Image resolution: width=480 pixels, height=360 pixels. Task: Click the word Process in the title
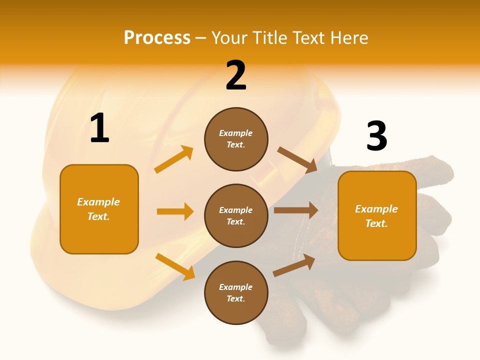coord(157,38)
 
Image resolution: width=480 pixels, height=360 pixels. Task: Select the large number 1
coord(99,128)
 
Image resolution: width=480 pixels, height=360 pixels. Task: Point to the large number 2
coord(236,75)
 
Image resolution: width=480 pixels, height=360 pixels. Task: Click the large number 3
coord(376,136)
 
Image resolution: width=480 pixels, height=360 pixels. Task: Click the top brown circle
coord(236,139)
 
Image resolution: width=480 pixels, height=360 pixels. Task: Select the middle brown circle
coord(236,215)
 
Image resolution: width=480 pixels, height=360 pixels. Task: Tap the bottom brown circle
coord(236,292)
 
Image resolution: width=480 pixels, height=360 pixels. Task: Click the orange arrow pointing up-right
coord(174,159)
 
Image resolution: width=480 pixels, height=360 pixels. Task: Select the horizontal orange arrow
coord(175,211)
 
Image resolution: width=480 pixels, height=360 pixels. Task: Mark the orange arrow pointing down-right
coord(175,267)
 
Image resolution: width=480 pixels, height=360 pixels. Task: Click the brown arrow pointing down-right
coord(297,160)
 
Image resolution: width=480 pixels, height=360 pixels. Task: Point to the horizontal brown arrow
coord(296,210)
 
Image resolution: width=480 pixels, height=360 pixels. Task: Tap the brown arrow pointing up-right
coord(294,265)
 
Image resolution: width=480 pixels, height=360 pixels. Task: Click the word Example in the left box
coord(98,202)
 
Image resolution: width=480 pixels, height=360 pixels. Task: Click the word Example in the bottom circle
coord(235,287)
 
